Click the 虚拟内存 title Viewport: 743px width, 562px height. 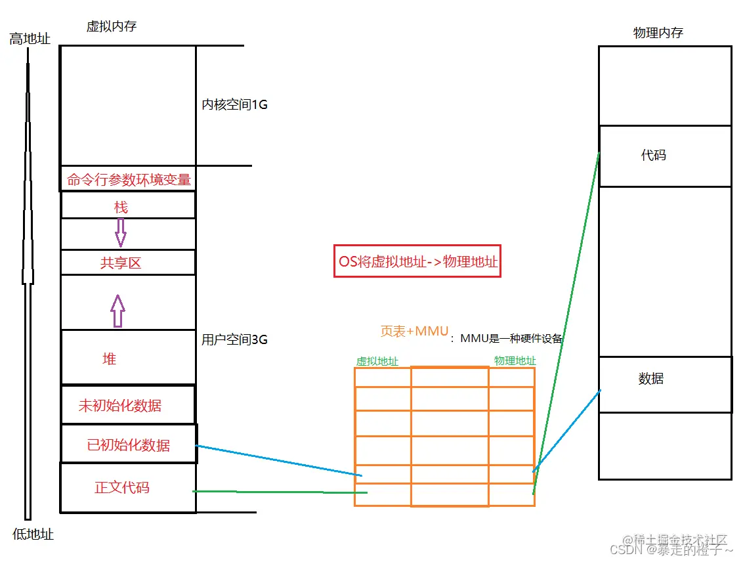click(112, 26)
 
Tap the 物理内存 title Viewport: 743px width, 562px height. click(658, 33)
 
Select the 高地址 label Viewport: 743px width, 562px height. click(30, 39)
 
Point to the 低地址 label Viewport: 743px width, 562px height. click(33, 534)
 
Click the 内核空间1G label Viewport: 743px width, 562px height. click(234, 105)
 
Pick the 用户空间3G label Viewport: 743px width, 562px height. click(234, 340)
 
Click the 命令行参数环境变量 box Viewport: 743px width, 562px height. click(129, 179)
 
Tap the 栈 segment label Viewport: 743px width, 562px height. click(121, 207)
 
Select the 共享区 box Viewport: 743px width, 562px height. click(121, 263)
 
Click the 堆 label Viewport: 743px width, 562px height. click(110, 358)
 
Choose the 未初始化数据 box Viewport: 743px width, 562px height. click(120, 406)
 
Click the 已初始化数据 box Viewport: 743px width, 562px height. click(128, 445)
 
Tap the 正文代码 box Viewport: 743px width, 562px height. click(122, 488)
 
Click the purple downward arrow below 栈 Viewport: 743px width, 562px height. click(120, 232)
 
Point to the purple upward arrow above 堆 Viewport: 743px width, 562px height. click(117, 311)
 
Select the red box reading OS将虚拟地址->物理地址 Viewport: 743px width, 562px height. click(417, 261)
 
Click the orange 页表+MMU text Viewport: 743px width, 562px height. click(414, 332)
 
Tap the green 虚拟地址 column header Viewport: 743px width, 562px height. click(377, 361)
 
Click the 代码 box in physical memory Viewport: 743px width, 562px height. click(664, 156)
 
